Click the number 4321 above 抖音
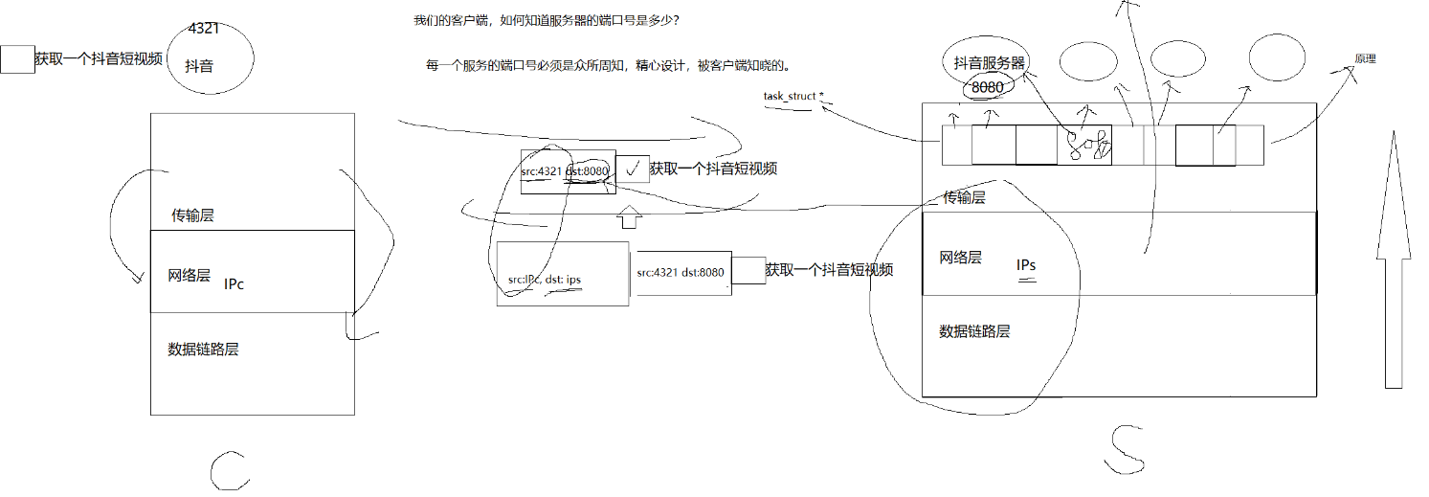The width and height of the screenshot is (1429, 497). pos(204,29)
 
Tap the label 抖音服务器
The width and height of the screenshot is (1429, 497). pos(990,63)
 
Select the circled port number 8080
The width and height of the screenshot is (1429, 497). pos(987,87)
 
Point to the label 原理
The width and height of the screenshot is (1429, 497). pos(1365,58)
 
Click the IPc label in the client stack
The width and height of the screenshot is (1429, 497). pos(234,284)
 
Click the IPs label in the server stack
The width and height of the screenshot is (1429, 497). pos(1026,265)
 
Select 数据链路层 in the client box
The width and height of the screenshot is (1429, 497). pos(203,349)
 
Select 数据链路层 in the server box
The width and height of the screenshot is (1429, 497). pos(974,331)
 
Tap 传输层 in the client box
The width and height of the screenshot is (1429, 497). pos(192,215)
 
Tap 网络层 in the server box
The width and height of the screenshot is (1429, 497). pos(960,257)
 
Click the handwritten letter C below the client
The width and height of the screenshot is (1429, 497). pos(230,468)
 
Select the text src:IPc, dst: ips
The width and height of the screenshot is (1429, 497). pos(545,280)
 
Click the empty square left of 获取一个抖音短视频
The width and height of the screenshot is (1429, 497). pos(17,59)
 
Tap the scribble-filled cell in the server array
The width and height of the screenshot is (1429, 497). pos(1084,145)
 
